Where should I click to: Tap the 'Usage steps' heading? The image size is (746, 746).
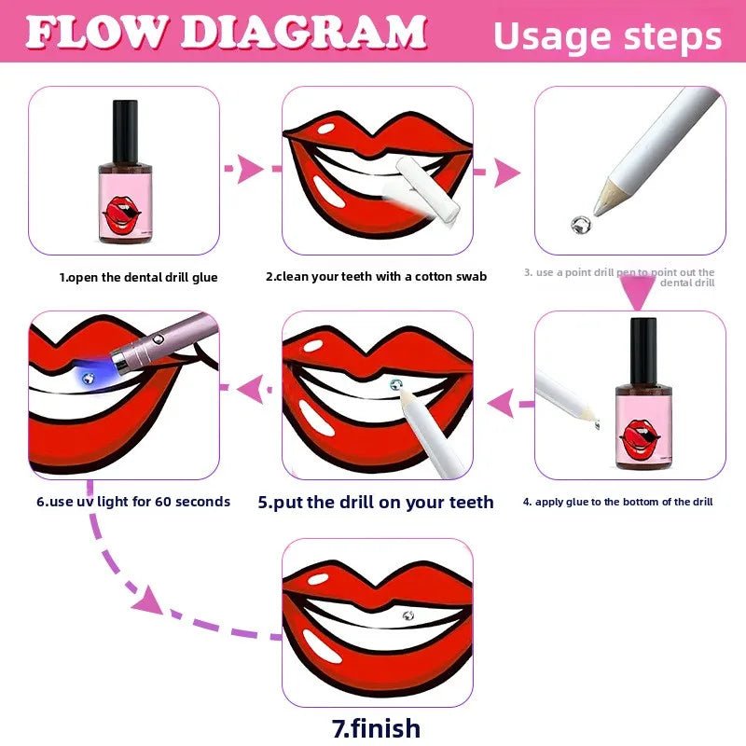pos(607,36)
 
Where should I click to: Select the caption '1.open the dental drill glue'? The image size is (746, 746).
pos(139,277)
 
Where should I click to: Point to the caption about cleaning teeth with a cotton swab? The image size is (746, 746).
pos(376,276)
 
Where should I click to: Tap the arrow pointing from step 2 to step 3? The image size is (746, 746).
pos(504,172)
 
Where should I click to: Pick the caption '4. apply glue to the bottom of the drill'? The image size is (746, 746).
pos(617,502)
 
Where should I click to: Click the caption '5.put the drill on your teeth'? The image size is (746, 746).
pos(376,502)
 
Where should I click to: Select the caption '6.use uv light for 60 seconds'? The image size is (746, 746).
pos(133,502)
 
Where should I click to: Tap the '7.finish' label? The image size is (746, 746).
pos(378,727)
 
